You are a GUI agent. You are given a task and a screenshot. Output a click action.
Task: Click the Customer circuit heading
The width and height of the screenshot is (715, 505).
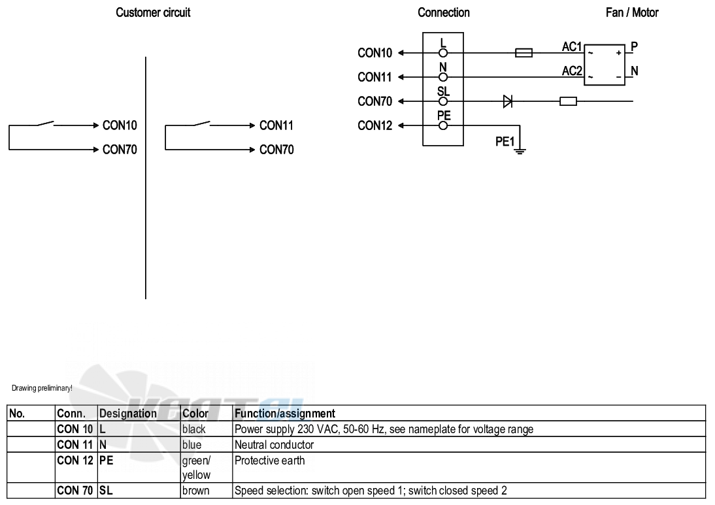point(153,12)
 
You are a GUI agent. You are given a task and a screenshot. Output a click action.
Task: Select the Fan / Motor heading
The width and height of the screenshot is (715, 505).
point(631,12)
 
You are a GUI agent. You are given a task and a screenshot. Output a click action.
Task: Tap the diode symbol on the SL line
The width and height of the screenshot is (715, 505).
point(508,101)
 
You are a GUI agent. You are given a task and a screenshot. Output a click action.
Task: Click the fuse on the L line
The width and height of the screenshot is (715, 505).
point(524,53)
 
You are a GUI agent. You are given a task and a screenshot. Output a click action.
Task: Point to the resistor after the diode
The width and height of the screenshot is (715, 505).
point(568,101)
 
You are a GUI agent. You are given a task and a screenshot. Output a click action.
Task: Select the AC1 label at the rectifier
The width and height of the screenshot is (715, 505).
point(572,47)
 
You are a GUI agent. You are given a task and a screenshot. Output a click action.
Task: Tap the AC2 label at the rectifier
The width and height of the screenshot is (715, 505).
point(572,71)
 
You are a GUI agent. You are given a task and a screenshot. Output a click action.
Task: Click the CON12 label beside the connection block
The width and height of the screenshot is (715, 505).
point(375,125)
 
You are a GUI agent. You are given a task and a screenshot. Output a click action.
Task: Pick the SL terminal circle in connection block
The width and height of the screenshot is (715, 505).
point(443,101)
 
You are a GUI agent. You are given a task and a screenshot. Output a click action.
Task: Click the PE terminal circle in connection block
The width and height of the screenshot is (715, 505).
point(443,125)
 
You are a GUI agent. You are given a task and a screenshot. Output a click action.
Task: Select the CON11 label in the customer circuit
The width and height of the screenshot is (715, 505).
point(276,125)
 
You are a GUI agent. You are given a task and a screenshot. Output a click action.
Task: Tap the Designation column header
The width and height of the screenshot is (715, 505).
point(127,414)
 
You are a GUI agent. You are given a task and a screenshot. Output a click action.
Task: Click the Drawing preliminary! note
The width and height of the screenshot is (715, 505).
point(42,388)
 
